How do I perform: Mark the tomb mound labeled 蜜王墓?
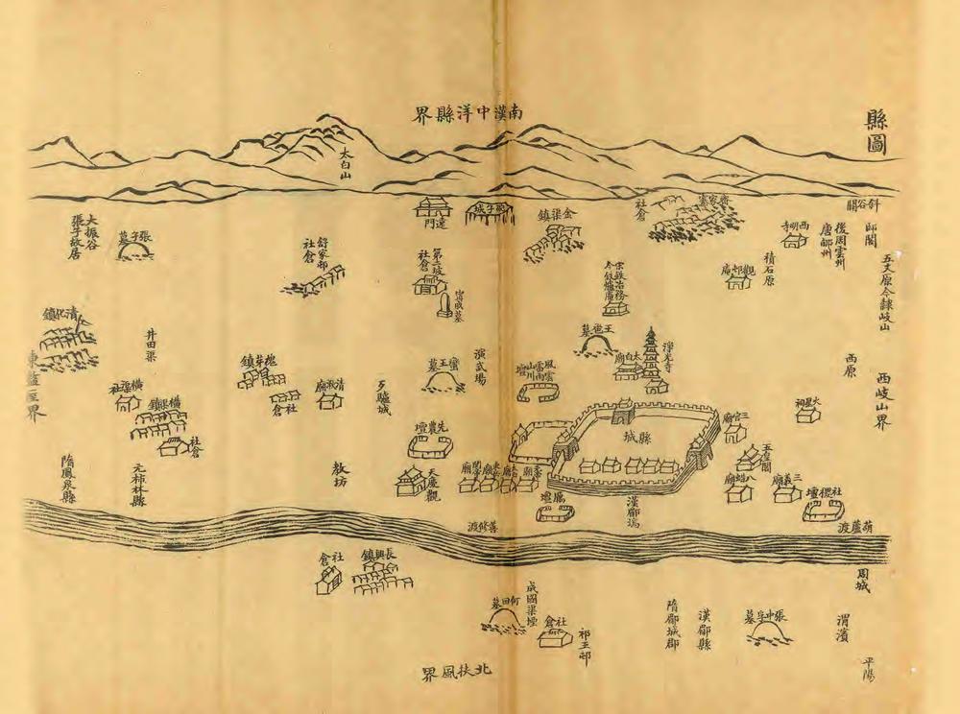[x=443, y=382]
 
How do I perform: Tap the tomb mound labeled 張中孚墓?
[x=768, y=631]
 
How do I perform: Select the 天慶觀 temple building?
[x=410, y=481]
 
